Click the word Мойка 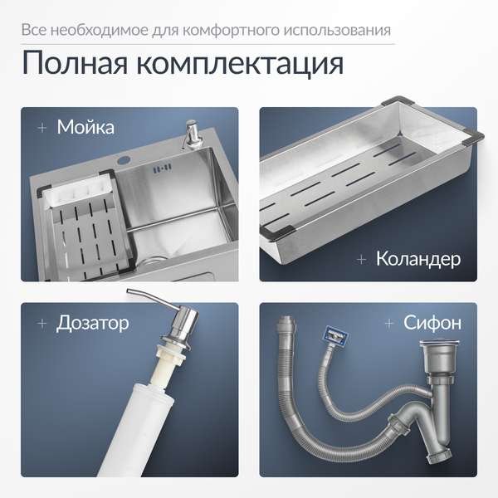point(85,127)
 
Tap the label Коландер point(418,259)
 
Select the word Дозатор point(92,323)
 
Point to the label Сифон point(432,323)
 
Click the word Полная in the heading point(75,63)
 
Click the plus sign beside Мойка point(42,128)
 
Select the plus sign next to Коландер point(361,260)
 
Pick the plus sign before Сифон point(389,324)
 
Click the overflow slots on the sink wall point(163,168)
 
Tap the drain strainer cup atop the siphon point(439,357)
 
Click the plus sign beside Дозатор point(42,324)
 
